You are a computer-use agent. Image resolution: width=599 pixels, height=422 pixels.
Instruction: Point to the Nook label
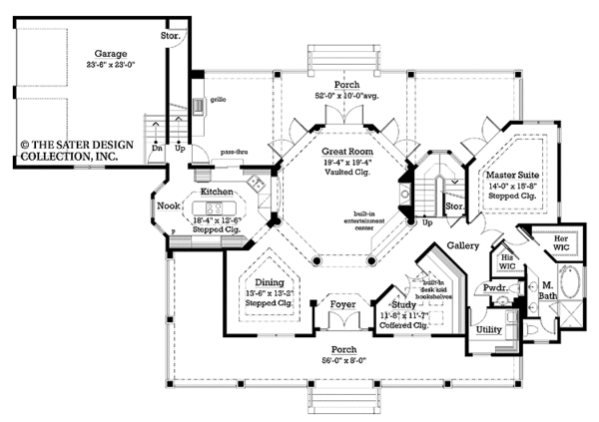169,207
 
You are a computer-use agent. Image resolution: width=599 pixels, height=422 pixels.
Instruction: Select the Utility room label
488,328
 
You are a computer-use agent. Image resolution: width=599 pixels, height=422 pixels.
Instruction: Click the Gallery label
462,244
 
